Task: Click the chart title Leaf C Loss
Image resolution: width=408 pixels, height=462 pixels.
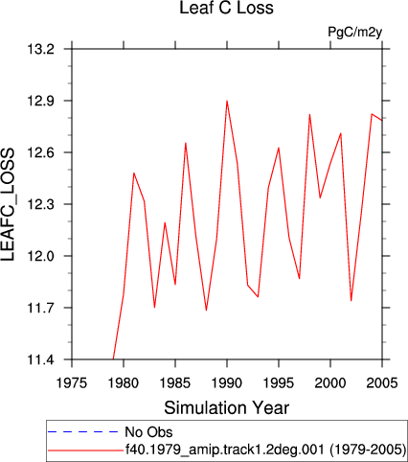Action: [x=226, y=8]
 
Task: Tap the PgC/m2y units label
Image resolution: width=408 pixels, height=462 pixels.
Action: [x=355, y=33]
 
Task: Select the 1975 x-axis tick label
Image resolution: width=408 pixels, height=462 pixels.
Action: [x=72, y=382]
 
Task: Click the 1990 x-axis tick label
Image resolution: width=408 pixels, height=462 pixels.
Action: [x=227, y=382]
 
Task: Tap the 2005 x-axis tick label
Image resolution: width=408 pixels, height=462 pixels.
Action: [x=382, y=382]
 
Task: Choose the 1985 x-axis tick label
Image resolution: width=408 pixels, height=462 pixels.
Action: [x=175, y=382]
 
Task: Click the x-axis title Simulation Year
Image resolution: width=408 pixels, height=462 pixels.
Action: [x=226, y=407]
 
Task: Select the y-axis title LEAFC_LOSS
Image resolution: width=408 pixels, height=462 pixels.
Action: [x=8, y=204]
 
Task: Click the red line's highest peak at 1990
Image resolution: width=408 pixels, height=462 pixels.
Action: [x=227, y=101]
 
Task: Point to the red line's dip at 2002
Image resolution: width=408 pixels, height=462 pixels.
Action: [x=351, y=301]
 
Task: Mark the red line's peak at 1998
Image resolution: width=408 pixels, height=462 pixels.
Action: [x=309, y=114]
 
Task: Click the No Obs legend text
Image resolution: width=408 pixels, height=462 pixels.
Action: [x=148, y=432]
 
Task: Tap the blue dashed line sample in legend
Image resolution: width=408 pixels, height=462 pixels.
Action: [x=83, y=432]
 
